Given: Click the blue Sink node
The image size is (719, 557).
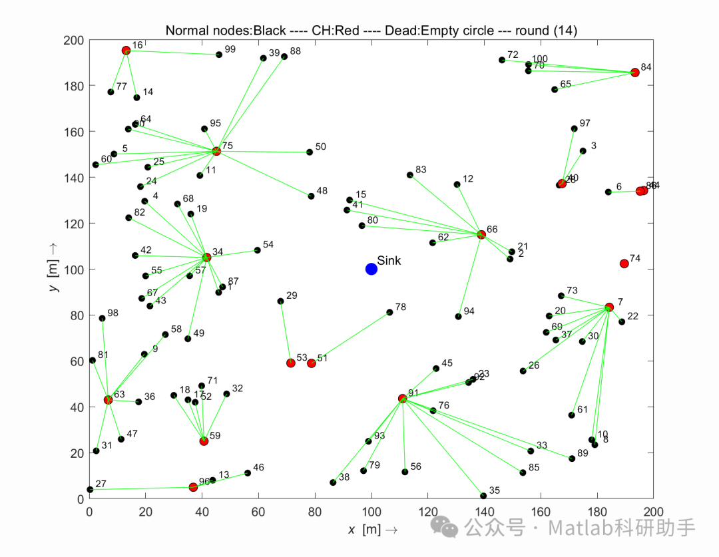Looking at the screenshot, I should pos(371,269).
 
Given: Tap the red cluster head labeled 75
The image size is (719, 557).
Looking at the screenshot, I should pos(216,151).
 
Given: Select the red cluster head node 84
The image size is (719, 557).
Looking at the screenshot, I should pos(634,73).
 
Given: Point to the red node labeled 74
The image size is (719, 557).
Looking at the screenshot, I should pos(624,264).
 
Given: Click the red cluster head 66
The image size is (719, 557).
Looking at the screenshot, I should pos(481,234).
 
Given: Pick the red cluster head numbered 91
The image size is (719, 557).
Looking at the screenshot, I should pos(402,399).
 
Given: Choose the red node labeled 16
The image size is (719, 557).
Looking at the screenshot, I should pos(126,51).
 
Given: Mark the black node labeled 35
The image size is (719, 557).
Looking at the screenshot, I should pos(483,496).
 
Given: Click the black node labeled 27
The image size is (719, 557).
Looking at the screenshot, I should pos(90,490).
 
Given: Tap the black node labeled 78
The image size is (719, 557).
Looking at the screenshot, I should pos(389,312).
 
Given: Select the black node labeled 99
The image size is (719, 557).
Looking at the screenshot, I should pos(219,55).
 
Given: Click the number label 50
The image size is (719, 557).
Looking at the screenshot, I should pos(320,146).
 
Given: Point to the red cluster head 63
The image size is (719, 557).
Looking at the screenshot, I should pos(108,399).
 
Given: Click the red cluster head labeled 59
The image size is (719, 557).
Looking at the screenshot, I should pos(204,441).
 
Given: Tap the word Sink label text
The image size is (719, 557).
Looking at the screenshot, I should pos(389,261).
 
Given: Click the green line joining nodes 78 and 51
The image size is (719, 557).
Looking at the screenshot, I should pos(350,337).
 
